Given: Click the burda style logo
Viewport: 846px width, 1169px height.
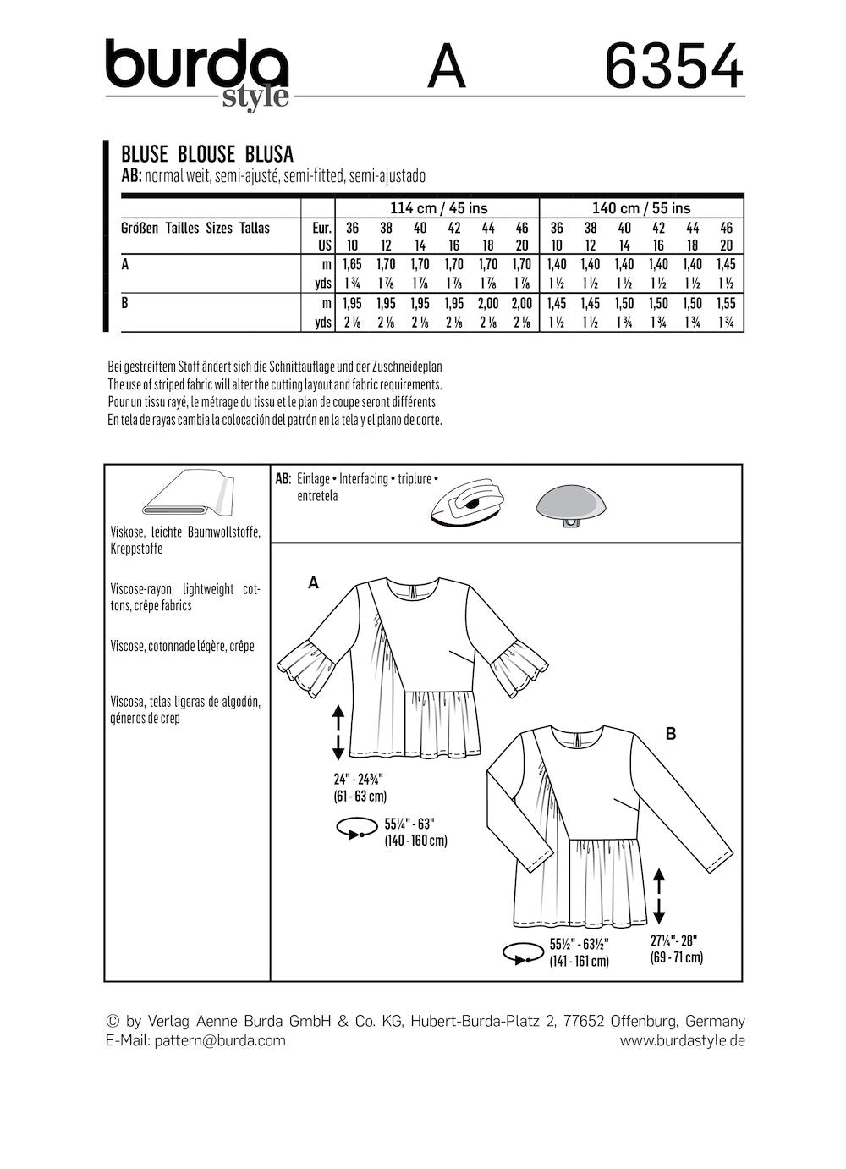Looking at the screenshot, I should tap(196, 73).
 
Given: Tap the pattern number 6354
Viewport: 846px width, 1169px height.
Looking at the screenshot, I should tap(674, 66).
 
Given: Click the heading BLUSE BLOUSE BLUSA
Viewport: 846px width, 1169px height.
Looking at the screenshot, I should tap(207, 154).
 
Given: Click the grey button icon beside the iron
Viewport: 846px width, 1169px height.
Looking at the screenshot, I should tap(573, 507).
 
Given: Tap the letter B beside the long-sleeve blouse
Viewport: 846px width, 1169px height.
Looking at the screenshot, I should tap(671, 734).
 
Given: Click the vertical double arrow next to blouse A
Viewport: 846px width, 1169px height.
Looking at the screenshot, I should tap(338, 733).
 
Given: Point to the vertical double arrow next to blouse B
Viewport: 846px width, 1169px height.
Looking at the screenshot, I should tap(659, 900).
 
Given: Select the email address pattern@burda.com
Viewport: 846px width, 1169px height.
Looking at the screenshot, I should tap(220, 1040).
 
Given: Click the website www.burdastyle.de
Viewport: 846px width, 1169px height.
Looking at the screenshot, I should tap(682, 1040).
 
